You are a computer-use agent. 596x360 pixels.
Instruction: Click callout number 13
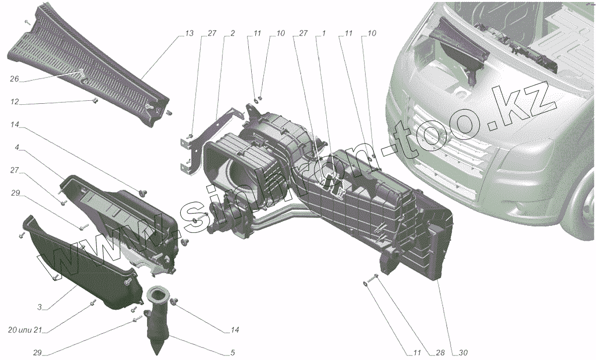point(189,33)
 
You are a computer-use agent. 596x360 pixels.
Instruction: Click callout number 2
point(232,33)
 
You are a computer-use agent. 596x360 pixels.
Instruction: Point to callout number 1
point(323,33)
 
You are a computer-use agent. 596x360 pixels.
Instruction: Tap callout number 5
point(232,354)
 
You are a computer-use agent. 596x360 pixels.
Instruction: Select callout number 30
point(462,354)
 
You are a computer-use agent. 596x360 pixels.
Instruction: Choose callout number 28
point(440,354)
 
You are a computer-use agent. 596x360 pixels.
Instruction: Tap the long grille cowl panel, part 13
point(89,65)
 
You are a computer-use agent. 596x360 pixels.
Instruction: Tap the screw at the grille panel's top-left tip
point(27,22)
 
